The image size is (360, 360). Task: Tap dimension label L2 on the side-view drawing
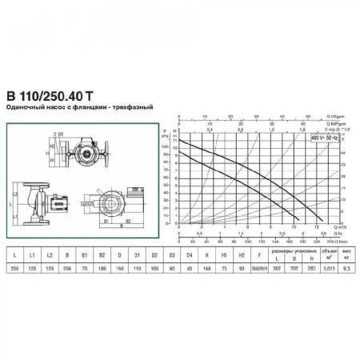pos(19,187)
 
